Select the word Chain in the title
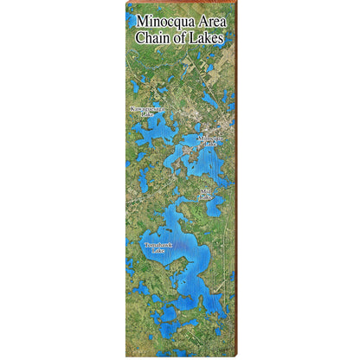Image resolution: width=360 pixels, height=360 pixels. [151, 38]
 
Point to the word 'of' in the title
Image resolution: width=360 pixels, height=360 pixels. [182, 38]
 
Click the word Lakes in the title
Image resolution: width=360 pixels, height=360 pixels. [207, 38]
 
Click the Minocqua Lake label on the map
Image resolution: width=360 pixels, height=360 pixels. [210, 140]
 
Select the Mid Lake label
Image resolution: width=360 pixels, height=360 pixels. [205, 193]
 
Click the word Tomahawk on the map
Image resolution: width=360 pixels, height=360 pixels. [158, 245]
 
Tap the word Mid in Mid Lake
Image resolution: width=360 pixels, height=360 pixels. [205, 190]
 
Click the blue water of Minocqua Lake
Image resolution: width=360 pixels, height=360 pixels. [208, 160]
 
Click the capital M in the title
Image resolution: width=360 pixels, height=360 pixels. [142, 23]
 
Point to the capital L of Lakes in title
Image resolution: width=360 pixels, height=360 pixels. [195, 38]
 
